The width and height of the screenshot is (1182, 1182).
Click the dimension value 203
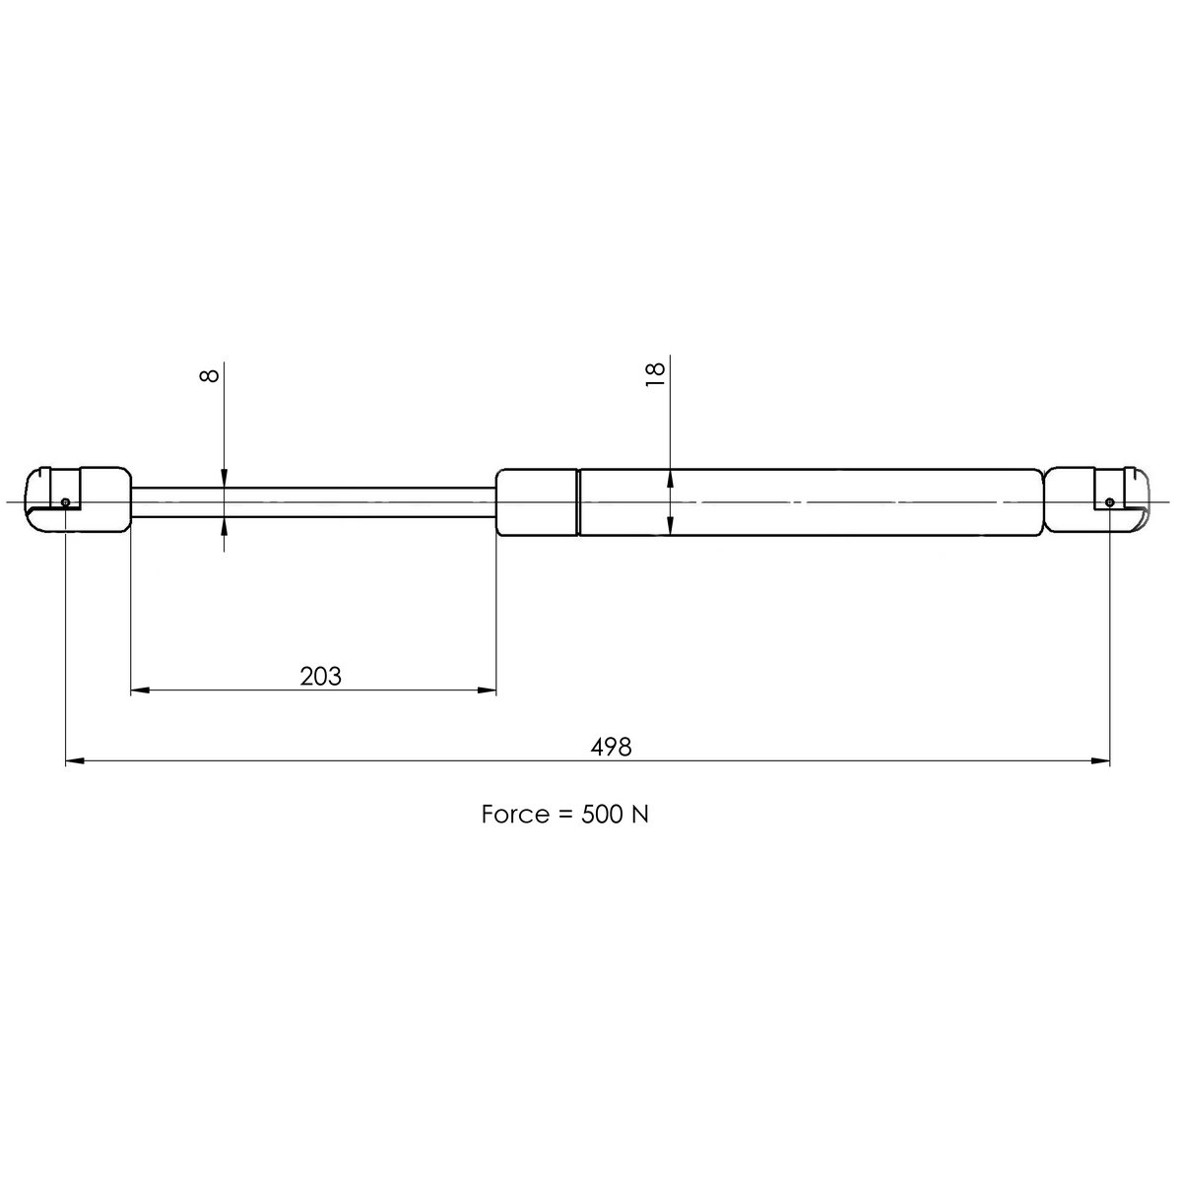click(x=320, y=677)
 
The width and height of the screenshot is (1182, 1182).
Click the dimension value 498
click(x=611, y=747)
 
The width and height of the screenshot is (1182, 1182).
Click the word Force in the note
click(x=514, y=815)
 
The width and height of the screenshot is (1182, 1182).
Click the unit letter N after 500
click(x=639, y=815)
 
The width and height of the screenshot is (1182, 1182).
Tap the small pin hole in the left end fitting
click(x=65, y=502)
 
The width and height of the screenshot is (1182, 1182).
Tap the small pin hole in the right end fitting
click(x=1110, y=502)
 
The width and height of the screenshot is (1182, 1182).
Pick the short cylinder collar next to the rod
click(x=537, y=501)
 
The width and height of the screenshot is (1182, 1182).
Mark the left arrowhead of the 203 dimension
click(x=139, y=690)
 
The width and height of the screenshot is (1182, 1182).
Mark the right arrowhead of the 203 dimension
click(x=489, y=690)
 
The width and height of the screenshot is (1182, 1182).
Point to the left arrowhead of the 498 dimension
click(x=73, y=760)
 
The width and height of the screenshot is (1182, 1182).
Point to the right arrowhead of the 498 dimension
click(x=1102, y=760)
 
